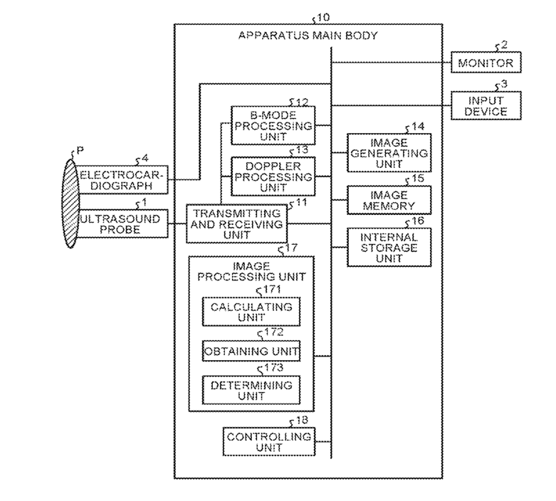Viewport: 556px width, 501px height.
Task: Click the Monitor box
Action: (486, 63)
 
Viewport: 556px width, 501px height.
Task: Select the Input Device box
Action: (486, 105)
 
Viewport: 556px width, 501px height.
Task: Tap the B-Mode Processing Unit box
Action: (273, 125)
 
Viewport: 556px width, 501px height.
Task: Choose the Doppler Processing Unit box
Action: (273, 176)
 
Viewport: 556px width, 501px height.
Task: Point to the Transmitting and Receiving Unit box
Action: (236, 223)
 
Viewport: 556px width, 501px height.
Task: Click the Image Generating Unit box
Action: (389, 153)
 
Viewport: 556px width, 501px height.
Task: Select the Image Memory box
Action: (389, 200)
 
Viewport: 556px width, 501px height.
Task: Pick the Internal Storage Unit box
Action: (389, 247)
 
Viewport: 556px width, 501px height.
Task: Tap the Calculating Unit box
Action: (251, 312)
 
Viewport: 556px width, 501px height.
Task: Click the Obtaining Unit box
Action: (251, 351)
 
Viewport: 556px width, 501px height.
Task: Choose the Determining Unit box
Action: (251, 390)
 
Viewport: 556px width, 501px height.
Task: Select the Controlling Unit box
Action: (269, 441)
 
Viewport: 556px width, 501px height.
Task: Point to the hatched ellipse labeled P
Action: (70, 204)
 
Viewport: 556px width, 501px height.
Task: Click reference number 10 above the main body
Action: (322, 17)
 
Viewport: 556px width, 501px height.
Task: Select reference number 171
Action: (273, 290)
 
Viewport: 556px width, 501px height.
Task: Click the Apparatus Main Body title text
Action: (308, 36)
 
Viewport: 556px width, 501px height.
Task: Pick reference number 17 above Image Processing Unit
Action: (291, 248)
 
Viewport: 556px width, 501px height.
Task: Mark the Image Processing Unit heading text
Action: (251, 271)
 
